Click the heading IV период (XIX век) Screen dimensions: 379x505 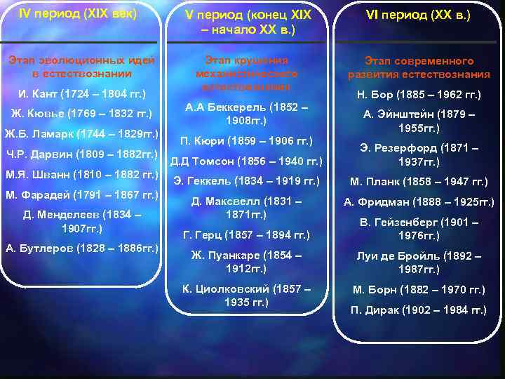tap(77, 13)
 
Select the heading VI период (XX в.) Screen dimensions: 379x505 tap(418, 15)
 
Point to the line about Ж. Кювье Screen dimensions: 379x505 tap(81, 114)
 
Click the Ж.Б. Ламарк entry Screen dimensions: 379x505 tap(81, 133)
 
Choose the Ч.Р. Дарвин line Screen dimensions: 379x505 tap(81, 154)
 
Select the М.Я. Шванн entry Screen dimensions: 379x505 tap(81, 174)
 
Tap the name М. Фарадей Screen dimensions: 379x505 tap(81, 194)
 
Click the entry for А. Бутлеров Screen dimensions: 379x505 tap(81, 248)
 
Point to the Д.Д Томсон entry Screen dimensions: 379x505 tap(246, 161)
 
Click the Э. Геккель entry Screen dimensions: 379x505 tap(246, 181)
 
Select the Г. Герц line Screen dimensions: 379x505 tap(246, 234)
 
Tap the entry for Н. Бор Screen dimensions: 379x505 tap(419, 95)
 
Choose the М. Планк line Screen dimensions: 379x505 tap(419, 182)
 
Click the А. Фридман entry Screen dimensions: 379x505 tap(419, 202)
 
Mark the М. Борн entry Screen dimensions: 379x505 tap(419, 289)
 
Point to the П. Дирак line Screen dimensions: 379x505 tap(419, 310)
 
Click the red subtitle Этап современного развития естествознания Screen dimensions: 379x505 tap(419, 68)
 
